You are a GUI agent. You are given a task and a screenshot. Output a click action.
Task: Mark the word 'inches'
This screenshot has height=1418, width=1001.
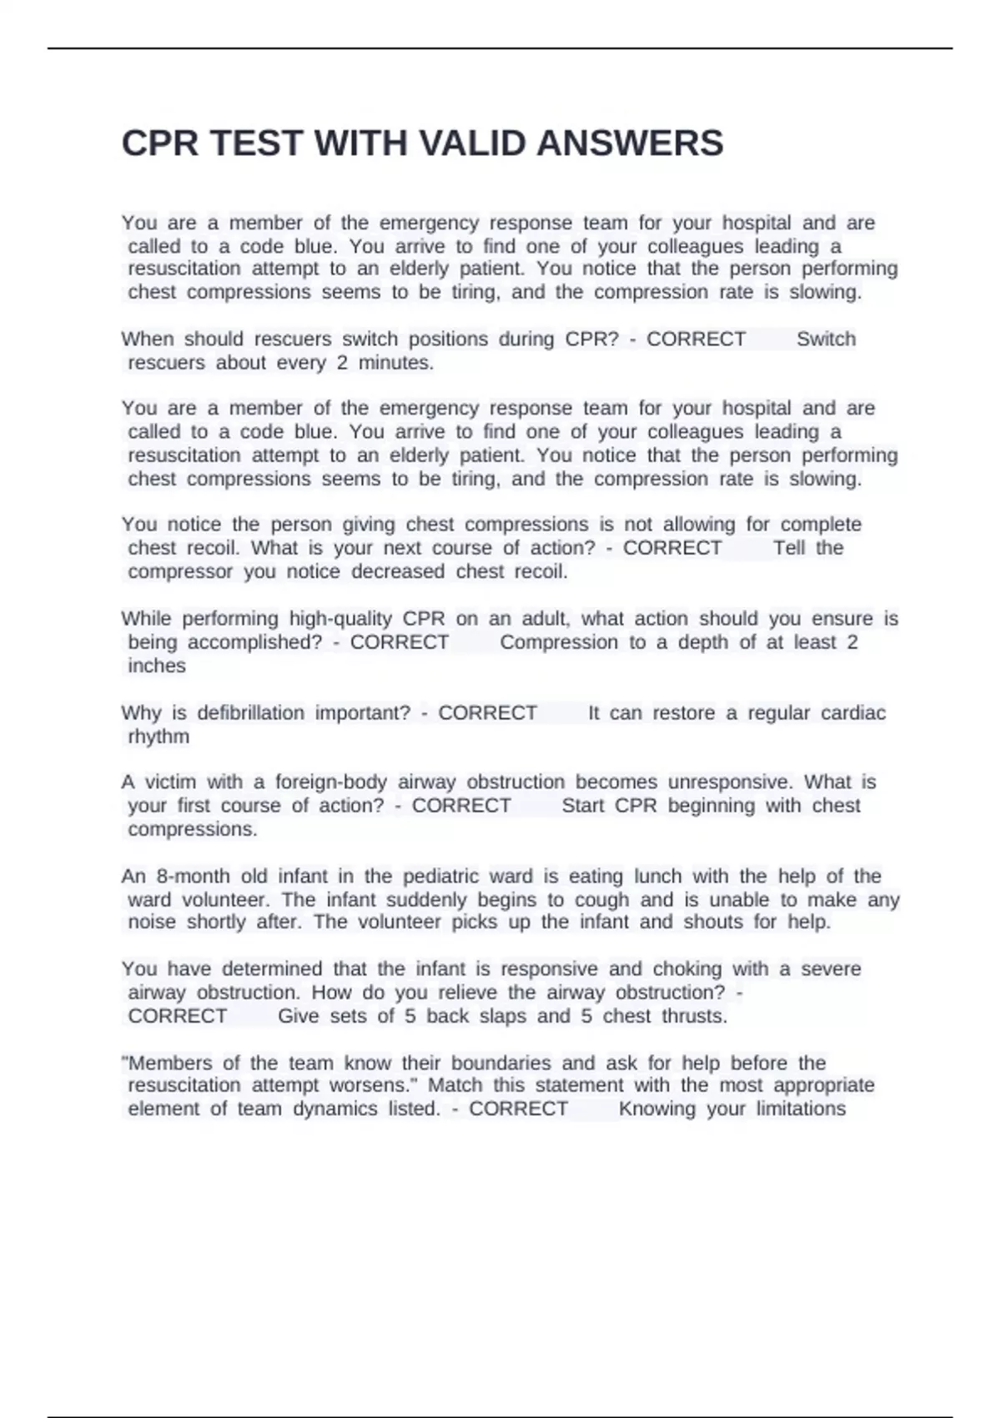[157, 666]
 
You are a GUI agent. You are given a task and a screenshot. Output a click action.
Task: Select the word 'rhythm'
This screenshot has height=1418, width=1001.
[158, 737]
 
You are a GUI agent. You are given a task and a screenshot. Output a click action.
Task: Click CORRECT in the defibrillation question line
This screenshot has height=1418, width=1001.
[487, 713]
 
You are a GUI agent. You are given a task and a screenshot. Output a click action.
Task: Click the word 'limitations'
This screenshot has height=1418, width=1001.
[801, 1109]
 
